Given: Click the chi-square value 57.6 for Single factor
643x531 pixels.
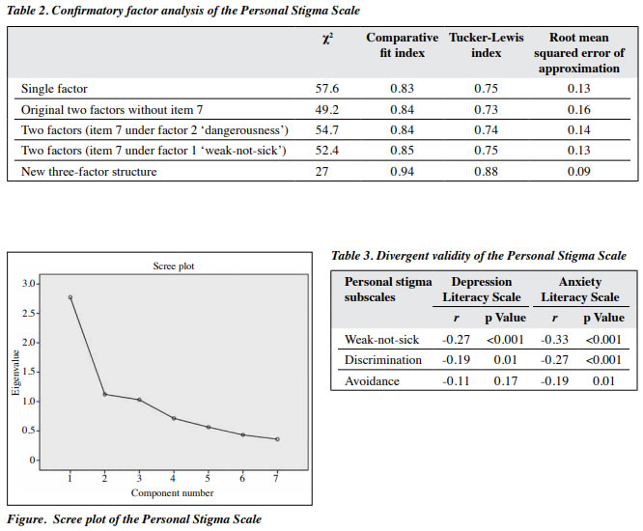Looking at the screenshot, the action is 327,89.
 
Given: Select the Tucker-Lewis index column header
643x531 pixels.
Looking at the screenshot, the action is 486,45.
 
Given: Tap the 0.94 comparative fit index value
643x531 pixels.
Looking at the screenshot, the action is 402,172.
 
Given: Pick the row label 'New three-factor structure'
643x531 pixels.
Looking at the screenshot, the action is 89,172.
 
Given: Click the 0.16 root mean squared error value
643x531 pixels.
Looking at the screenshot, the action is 578,109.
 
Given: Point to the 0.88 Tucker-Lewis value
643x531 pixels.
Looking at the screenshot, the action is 486,172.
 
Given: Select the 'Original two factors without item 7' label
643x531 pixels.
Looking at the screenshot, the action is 112,110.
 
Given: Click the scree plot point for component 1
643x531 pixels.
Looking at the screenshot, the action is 70,297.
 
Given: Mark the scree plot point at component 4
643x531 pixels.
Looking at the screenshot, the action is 174,418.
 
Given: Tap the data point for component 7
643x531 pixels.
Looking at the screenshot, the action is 278,439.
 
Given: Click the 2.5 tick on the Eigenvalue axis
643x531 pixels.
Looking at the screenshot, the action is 30,313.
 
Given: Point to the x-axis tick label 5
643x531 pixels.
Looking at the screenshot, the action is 208,478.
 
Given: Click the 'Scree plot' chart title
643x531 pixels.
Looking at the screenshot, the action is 174,266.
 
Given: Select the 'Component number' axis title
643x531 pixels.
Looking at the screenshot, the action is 172,493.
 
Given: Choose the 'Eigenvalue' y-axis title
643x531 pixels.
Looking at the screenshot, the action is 15,373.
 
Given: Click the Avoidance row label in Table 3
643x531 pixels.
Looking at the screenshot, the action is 372,381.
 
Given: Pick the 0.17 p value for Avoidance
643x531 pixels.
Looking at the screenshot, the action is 505,381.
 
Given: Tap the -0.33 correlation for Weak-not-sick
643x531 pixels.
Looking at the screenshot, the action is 554,340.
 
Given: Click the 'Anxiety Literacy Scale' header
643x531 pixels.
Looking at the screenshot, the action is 580,290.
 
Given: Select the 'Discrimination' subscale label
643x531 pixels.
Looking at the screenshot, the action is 383,360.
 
